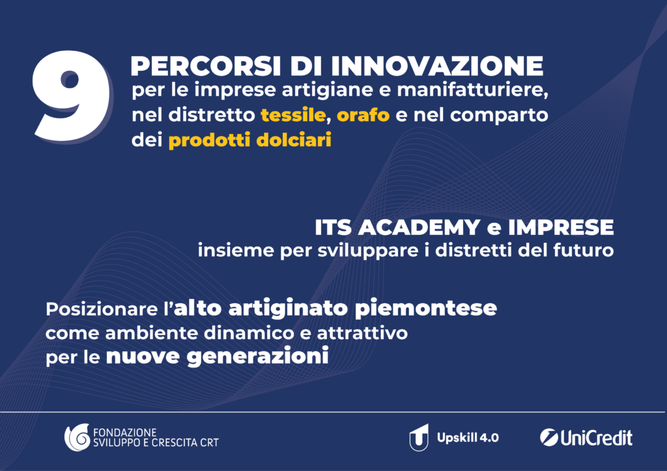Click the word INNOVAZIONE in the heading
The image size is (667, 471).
coord(437,66)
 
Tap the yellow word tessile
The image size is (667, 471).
coord(293,115)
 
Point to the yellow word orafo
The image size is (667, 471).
coord(363,115)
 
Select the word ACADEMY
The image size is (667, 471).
coord(419,228)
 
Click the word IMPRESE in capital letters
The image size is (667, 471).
coord(561,228)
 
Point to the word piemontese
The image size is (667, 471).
coord(426,309)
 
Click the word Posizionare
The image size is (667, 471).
coord(102,309)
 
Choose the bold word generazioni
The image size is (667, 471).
coord(258,357)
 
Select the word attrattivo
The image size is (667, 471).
coord(362,333)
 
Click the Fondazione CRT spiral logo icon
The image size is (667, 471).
coord(77,437)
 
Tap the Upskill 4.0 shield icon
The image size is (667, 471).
coord(419,437)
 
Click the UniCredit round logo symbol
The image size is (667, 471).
coord(548,437)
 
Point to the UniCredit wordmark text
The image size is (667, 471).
coord(597,438)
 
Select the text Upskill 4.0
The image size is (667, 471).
coord(468,438)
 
